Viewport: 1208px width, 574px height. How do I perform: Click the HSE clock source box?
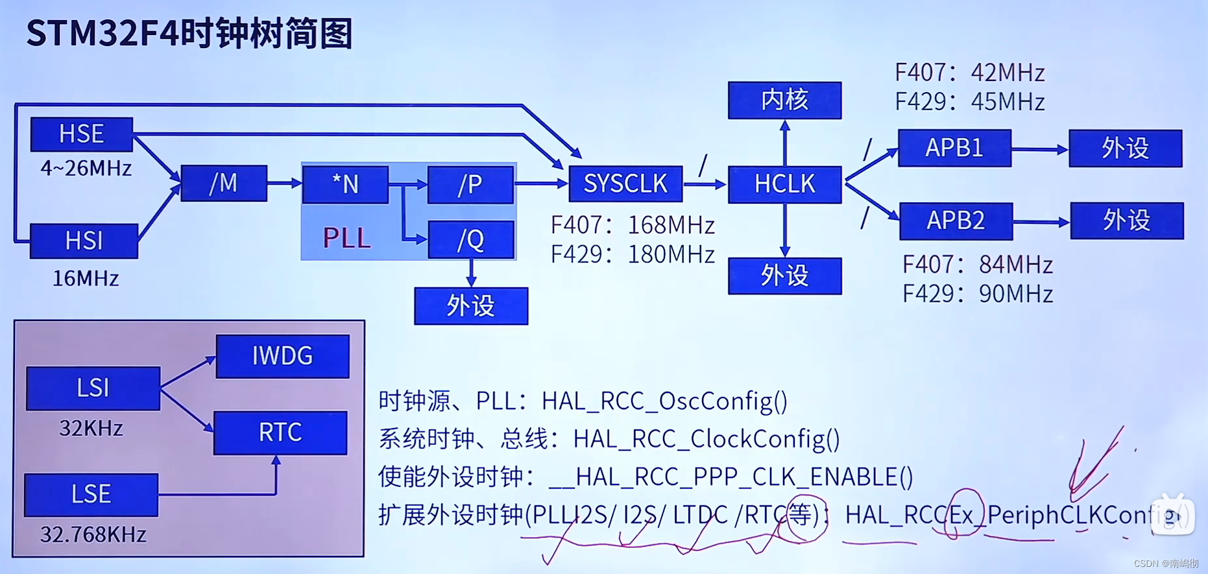[82, 134]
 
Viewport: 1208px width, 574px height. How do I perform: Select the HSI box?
[84, 241]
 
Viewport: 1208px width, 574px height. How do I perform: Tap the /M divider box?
[224, 184]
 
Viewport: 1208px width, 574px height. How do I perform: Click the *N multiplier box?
[345, 184]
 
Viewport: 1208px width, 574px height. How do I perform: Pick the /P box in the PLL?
[470, 185]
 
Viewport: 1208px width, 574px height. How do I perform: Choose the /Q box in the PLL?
[471, 240]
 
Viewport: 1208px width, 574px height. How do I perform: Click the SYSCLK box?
[625, 184]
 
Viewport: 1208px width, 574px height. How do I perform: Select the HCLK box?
[784, 185]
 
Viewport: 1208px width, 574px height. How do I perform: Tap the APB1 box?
[954, 148]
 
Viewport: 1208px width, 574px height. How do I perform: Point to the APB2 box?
[956, 221]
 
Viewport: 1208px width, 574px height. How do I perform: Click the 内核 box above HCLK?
[784, 101]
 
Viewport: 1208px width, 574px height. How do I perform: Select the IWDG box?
[282, 356]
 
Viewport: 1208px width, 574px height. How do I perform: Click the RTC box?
[280, 433]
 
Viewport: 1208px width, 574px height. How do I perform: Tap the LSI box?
[93, 388]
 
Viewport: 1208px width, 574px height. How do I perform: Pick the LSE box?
[91, 495]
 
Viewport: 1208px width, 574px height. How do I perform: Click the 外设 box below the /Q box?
[471, 306]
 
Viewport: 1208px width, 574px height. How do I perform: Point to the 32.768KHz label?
[93, 534]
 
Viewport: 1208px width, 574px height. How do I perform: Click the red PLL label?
[346, 238]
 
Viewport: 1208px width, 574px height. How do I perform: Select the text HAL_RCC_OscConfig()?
[664, 401]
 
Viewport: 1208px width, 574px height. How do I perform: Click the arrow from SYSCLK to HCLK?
[705, 185]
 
